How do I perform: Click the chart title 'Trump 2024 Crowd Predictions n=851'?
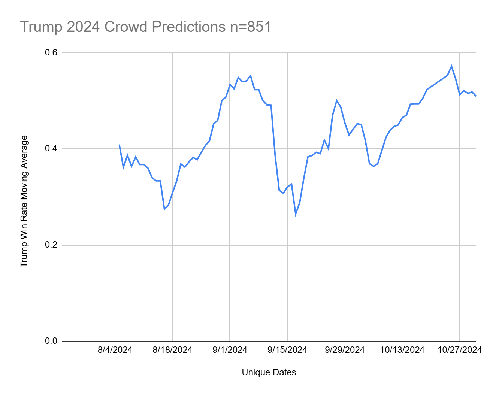point(145,27)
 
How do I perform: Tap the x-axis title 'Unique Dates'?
point(269,372)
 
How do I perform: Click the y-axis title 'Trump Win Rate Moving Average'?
point(24,201)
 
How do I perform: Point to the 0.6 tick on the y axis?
point(51,52)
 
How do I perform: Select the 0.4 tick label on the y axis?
point(51,149)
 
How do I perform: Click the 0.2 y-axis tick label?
point(51,245)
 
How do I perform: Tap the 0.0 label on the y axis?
point(51,341)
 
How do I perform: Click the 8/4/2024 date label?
point(115,350)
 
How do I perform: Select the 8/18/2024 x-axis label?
point(172,350)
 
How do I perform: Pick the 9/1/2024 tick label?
point(230,350)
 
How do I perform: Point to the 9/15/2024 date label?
point(287,350)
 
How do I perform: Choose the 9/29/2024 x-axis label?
point(345,350)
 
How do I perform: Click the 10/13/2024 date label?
point(402,350)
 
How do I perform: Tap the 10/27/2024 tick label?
point(459,350)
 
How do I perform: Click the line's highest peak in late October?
point(451,66)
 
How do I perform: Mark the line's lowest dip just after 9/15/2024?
point(296,215)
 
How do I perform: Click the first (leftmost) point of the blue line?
point(119,145)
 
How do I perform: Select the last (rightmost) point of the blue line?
point(476,96)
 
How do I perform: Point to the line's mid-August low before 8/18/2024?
point(164,209)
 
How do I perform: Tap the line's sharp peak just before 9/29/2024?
point(336,100)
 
